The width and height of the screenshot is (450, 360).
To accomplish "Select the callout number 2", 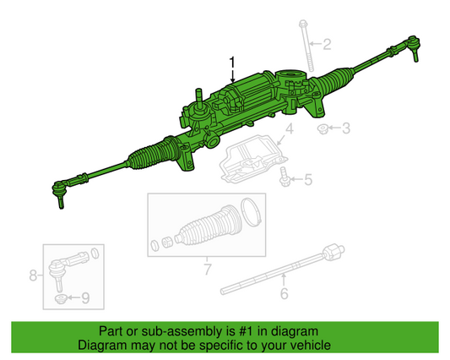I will pyautogui.click(x=328, y=43).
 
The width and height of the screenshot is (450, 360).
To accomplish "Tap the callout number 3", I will pyautogui.click(x=344, y=128).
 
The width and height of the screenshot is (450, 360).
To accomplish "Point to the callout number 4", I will pyautogui.click(x=289, y=128).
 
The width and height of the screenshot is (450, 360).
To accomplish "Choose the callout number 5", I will pyautogui.click(x=308, y=179).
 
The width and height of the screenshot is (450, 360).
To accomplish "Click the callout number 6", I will pyautogui.click(x=284, y=293).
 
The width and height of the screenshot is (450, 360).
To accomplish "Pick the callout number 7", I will pyautogui.click(x=207, y=270).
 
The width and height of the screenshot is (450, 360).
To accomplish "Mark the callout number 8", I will pyautogui.click(x=34, y=275).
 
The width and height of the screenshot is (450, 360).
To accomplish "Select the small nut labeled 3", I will pyautogui.click(x=323, y=128).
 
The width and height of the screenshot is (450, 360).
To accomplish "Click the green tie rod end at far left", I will pyautogui.click(x=61, y=192).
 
